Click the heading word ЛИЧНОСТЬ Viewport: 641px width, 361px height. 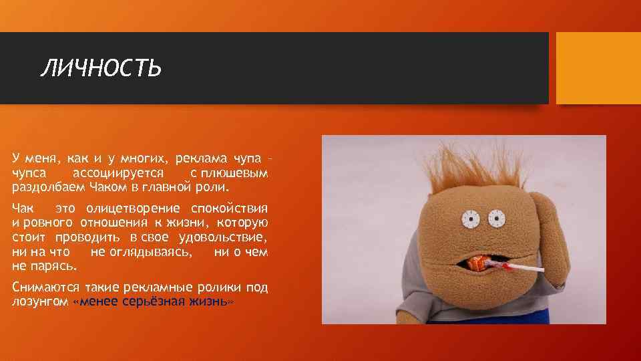101,68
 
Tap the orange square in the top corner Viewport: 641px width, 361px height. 598,68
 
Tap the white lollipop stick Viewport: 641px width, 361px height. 523,269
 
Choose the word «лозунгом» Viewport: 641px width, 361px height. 39,302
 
